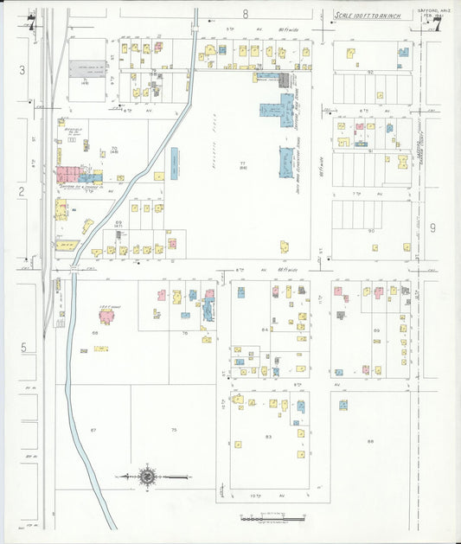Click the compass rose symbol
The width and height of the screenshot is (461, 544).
tap(148, 476)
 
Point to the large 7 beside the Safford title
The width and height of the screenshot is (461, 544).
tap(437, 24)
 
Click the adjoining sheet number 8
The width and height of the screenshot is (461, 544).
tap(246, 14)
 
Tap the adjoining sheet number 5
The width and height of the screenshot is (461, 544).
tap(23, 348)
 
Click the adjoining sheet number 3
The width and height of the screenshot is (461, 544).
tap(22, 68)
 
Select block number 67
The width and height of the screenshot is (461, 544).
tap(93, 430)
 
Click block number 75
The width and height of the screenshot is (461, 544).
tap(173, 430)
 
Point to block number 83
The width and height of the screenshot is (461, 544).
tap(269, 437)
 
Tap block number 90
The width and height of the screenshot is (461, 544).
tap(370, 232)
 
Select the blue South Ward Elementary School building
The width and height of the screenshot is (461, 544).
tap(285, 163)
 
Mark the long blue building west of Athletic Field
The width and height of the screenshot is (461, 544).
tap(175, 161)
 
